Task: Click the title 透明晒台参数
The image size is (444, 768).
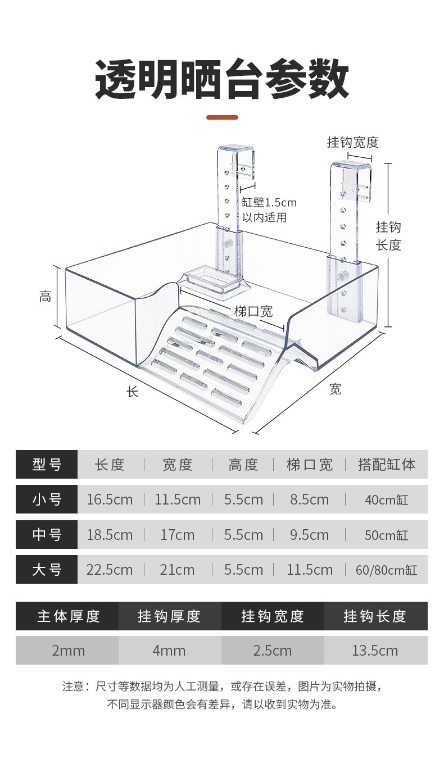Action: (222, 81)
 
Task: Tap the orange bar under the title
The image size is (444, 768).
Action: (222, 117)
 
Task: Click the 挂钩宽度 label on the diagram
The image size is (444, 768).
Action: (353, 142)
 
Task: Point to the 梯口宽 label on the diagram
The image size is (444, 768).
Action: (253, 311)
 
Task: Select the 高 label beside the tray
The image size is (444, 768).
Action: (46, 296)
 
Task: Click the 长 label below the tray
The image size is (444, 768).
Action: (133, 392)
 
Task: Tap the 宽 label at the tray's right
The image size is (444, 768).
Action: (336, 389)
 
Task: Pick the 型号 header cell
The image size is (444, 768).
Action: (47, 465)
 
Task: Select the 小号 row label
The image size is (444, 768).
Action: (47, 499)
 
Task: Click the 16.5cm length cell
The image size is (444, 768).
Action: (110, 499)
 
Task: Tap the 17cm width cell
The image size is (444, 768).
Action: (178, 534)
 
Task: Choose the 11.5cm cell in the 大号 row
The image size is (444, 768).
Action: (310, 570)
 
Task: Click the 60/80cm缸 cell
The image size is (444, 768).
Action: (386, 570)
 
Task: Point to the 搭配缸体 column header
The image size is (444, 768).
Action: (387, 465)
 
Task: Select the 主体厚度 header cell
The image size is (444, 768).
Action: (68, 616)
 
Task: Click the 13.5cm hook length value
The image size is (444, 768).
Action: (375, 651)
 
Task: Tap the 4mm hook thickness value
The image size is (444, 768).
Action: (169, 651)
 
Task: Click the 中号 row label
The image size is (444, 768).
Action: (47, 534)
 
